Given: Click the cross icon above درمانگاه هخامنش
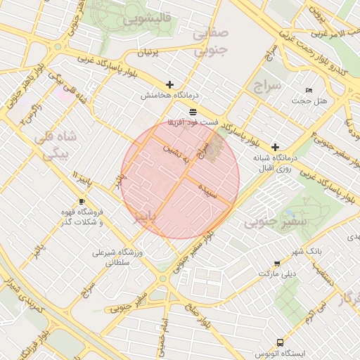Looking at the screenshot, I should coord(169,84).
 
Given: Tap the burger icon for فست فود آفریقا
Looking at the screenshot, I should coord(193,112).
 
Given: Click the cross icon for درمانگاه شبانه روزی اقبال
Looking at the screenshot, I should coord(275,148).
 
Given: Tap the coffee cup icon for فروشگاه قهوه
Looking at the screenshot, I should coord(82,202).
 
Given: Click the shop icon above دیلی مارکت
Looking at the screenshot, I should coord(276,264).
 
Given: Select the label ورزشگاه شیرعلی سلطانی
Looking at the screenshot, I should coord(118,257).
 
